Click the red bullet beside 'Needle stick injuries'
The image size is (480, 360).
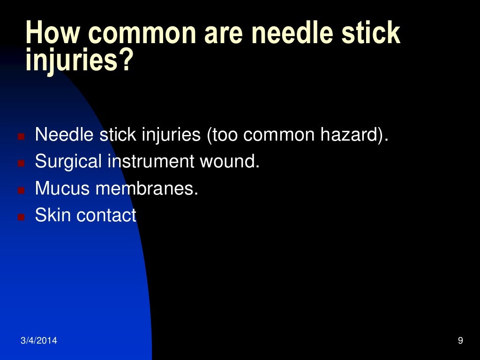21,137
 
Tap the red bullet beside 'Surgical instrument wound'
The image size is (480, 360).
21,164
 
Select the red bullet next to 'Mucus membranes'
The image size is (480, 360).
21,190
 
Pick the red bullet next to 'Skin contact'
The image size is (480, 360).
21,217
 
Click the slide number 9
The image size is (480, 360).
460,341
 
